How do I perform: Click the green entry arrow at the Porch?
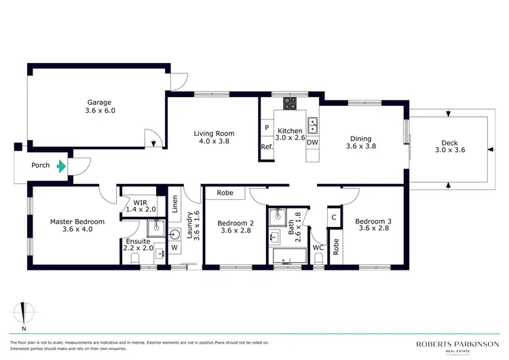[x=62, y=165]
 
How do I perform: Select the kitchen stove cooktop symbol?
[x=290, y=104]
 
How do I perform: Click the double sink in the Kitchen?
[x=312, y=126]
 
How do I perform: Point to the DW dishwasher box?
[x=312, y=143]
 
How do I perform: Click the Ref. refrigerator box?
[x=267, y=147]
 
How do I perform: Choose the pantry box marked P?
[x=267, y=128]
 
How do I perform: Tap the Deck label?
[x=449, y=143]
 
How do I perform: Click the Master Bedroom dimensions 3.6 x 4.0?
[x=77, y=230]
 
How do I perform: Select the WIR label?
[x=140, y=202]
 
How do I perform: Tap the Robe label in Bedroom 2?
[x=225, y=193]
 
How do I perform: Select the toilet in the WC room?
[x=319, y=259]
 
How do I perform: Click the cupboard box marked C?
[x=334, y=218]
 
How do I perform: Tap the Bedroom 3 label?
[x=374, y=221]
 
